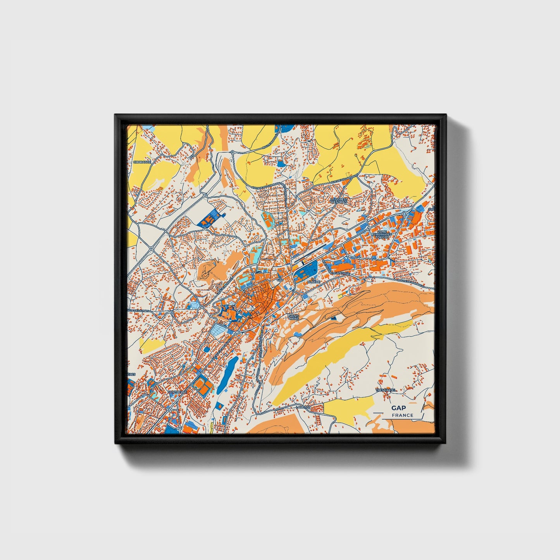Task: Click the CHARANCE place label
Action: coord(141,162)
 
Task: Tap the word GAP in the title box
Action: coord(398,408)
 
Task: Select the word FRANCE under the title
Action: coord(402,415)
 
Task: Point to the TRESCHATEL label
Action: coord(386,390)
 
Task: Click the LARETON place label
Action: coord(303,407)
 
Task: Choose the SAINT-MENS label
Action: coord(294,318)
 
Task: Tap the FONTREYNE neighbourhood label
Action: coord(177,392)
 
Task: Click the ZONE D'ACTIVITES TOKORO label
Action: coord(383,234)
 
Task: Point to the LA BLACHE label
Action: coord(314,282)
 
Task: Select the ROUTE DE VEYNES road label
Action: coord(138,311)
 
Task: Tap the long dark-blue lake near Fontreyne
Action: coord(227,374)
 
